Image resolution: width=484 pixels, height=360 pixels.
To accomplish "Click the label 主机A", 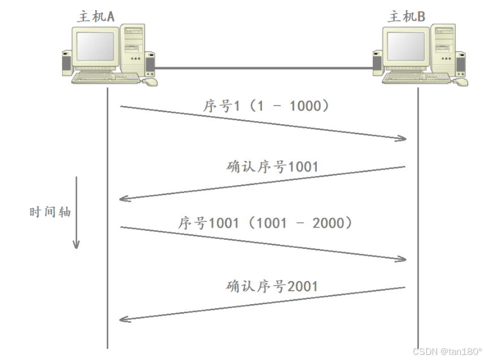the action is pyautogui.click(x=95, y=16).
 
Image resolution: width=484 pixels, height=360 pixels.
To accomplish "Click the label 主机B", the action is pyautogui.click(x=407, y=16).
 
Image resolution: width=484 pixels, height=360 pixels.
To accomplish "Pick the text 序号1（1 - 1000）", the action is pyautogui.click(x=265, y=106).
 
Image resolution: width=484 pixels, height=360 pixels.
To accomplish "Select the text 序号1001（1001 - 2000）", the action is pyautogui.click(x=265, y=223).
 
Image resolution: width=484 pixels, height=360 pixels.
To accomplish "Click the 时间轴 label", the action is pyautogui.click(x=51, y=212).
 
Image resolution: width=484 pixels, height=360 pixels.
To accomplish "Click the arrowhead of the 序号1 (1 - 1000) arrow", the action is pyautogui.click(x=402, y=138).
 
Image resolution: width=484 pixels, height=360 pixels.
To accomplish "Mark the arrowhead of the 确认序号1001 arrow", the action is pyautogui.click(x=125, y=198).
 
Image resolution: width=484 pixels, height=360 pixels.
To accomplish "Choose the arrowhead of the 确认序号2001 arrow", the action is pyautogui.click(x=125, y=319).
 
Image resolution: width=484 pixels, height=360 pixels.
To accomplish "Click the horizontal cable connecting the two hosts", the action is pyautogui.click(x=263, y=68).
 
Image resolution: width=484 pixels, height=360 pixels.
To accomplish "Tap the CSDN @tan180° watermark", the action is pyautogui.click(x=447, y=351).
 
